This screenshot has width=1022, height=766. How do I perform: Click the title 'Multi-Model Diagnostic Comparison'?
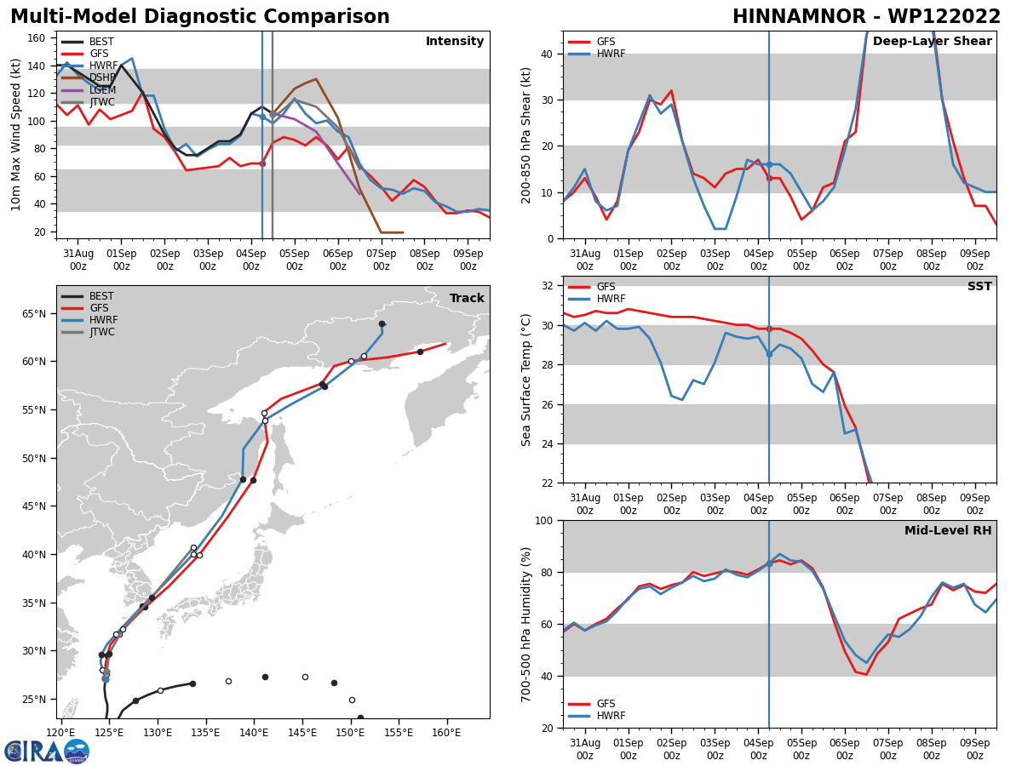coord(200,17)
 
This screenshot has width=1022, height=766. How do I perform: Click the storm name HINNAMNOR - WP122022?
coord(866,17)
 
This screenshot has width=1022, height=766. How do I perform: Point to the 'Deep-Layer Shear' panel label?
coord(932,42)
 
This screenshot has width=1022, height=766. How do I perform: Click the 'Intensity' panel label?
coord(455,42)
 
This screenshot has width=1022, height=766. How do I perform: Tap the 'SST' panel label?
coord(979,287)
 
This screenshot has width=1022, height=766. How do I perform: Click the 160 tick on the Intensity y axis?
coord(38,38)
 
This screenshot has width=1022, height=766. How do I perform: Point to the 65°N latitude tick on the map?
coord(34,314)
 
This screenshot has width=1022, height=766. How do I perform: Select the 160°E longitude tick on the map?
coord(447,731)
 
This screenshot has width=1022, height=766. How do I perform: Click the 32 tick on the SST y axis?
coord(548,285)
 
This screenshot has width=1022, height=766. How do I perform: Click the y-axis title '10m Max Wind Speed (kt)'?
coord(16,134)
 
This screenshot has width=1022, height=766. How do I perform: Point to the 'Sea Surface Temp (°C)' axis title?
coord(526,380)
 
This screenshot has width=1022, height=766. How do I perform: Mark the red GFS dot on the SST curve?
coord(769,329)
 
